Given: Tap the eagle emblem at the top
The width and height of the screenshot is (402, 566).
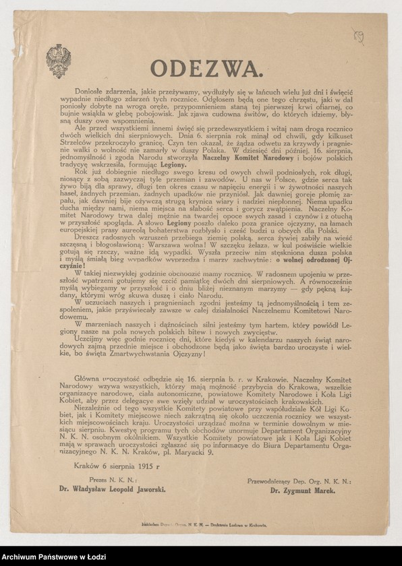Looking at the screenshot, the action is (58, 61).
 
